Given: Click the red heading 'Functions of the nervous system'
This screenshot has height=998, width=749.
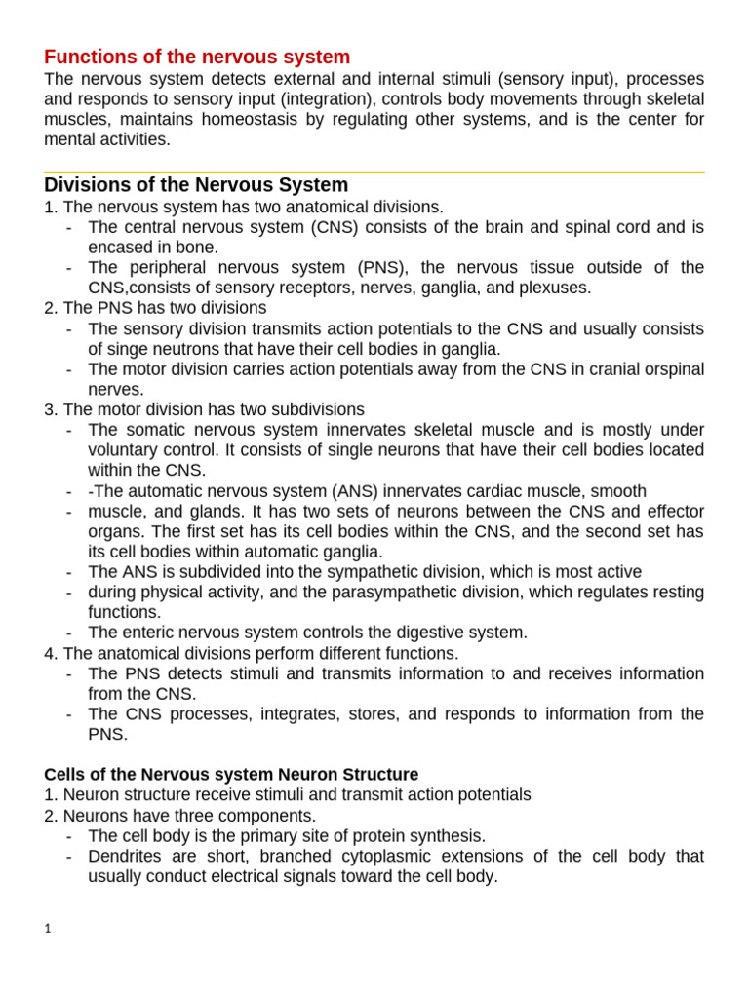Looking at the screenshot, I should click(x=197, y=57).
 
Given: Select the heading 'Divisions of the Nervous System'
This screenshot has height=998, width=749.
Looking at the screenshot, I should click(x=196, y=185).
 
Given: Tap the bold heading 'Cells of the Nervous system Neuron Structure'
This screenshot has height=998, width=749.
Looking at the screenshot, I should click(x=231, y=775).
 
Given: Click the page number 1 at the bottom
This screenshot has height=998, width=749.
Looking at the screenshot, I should click(x=48, y=929).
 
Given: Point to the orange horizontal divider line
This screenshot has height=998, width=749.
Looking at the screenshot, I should click(x=374, y=173).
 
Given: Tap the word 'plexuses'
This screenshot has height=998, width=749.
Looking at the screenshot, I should click(x=558, y=288).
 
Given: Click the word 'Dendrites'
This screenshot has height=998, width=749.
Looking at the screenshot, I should click(x=125, y=856).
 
